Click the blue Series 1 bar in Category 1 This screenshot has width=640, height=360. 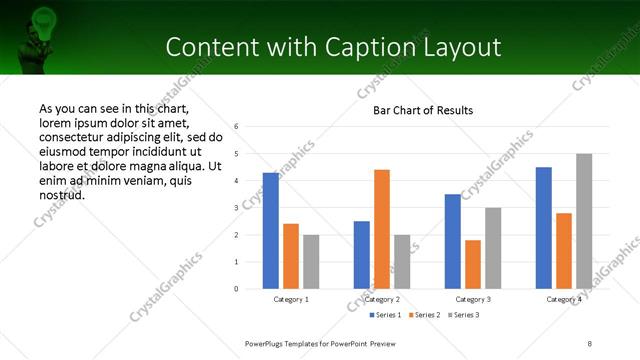(271, 231)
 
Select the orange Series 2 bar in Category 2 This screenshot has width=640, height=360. (382, 229)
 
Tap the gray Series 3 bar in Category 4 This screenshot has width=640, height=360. (584, 221)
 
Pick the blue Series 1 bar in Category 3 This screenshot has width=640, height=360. (453, 241)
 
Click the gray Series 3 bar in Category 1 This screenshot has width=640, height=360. (311, 262)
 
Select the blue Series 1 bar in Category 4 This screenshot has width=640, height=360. (544, 228)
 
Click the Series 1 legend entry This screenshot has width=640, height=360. (386, 315)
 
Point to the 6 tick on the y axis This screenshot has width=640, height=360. (236, 127)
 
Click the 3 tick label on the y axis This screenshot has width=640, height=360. (236, 208)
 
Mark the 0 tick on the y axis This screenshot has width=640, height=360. (236, 289)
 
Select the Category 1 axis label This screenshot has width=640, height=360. (291, 300)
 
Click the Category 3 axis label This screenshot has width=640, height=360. (473, 300)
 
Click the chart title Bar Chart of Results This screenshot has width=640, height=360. (423, 109)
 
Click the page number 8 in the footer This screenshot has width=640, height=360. (590, 343)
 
